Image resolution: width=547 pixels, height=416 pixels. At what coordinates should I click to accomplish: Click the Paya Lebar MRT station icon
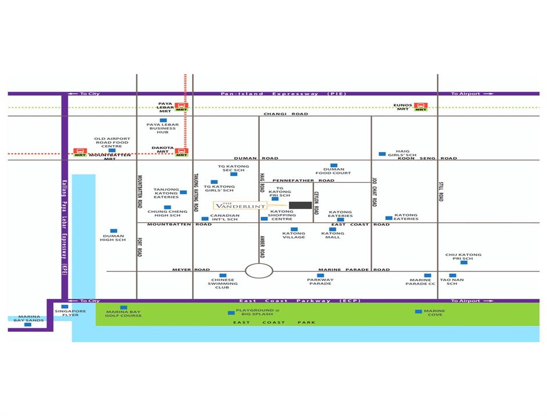pyautogui.click(x=182, y=107)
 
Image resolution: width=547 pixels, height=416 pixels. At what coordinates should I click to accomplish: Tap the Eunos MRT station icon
pyautogui.click(x=421, y=106)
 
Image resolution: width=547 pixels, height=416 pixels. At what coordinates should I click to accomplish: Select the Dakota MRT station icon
pyautogui.click(x=182, y=152)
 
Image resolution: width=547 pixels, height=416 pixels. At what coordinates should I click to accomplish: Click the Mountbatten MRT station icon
pyautogui.click(x=79, y=152)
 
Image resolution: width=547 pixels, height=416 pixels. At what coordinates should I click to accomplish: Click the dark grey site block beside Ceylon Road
pyautogui.click(x=300, y=205)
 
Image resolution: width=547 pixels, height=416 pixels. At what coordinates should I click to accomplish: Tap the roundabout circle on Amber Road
pyautogui.click(x=259, y=270)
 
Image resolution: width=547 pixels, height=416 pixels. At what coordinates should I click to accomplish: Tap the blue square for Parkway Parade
pyautogui.click(x=320, y=276)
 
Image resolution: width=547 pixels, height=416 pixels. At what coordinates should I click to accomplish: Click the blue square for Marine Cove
pyautogui.click(x=418, y=312)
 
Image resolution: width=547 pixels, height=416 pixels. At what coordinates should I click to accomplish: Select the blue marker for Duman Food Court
pyautogui.click(x=334, y=165)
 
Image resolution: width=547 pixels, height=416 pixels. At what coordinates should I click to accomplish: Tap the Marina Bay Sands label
pyautogui.click(x=27, y=318)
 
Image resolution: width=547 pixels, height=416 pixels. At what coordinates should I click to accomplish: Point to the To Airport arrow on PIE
pyautogui.click(x=473, y=93)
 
